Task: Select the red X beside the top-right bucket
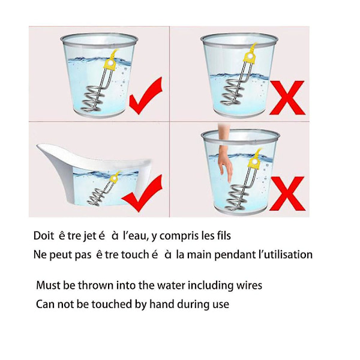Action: click(287, 98)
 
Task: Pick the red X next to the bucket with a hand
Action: click(287, 194)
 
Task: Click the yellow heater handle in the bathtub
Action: click(114, 178)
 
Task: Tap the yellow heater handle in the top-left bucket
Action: click(110, 64)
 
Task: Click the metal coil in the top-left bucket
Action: click(92, 99)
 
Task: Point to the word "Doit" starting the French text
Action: click(44, 236)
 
